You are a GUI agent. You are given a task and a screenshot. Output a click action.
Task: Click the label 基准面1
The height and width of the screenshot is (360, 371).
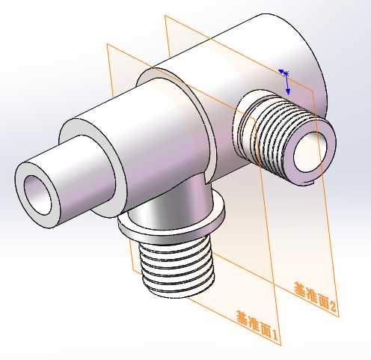tap(257, 326)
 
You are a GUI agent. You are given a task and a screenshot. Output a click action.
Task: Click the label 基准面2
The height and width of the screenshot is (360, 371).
tap(316, 296)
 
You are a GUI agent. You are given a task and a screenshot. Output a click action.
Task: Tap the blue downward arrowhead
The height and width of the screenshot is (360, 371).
tap(288, 91)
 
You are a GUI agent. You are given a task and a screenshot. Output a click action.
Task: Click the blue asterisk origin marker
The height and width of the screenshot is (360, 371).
tap(286, 73)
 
